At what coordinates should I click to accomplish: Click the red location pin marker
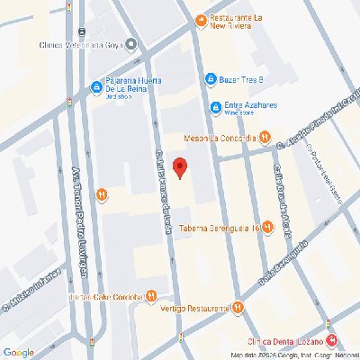180,167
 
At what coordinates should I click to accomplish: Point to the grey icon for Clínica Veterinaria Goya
131,43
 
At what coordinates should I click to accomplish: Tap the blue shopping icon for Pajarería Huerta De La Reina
95,87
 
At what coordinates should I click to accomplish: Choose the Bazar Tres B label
241,78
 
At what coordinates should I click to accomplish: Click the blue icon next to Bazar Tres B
210,78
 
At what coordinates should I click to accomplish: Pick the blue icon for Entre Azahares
216,109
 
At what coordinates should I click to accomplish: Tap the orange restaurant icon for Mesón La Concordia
265,138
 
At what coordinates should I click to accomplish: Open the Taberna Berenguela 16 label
219,229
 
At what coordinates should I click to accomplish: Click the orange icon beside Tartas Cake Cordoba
151,296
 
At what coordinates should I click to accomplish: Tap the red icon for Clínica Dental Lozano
332,340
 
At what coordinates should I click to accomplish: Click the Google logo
19,351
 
